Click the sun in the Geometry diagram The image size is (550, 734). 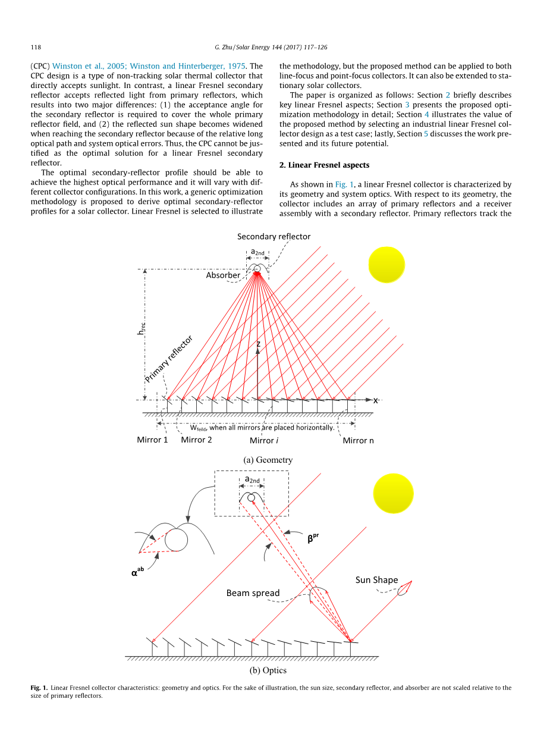tap(386, 264)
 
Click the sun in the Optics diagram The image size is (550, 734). tap(392, 493)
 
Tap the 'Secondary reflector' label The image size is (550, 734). tap(274, 237)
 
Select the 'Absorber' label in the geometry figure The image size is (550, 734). tap(223, 275)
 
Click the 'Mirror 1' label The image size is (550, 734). tap(152, 440)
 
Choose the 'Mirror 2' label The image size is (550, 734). tap(196, 440)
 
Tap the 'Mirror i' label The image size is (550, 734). tap(262, 440)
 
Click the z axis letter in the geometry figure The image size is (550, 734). tap(259, 344)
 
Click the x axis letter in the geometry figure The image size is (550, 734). tap(375, 400)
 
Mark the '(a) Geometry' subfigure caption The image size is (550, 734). tap(268, 460)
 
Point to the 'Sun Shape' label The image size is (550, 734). tap(376, 580)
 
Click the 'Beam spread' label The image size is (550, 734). tap(253, 593)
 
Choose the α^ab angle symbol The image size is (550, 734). tap(137, 573)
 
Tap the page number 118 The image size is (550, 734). tap(35, 47)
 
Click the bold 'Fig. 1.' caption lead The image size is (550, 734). tap(39, 688)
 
